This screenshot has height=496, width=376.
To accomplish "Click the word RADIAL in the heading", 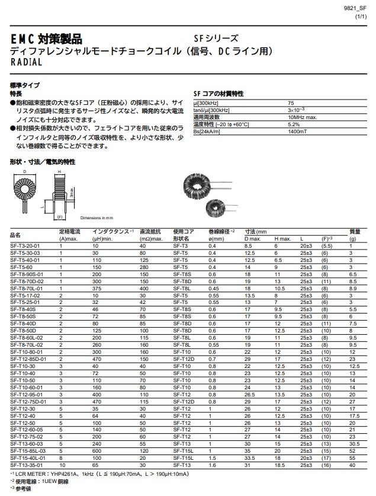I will [x=26, y=62].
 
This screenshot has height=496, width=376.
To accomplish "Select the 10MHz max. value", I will [x=301, y=117].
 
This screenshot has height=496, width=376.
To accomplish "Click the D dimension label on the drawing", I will [x=24, y=171].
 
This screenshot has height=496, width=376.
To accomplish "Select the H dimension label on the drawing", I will [x=59, y=171].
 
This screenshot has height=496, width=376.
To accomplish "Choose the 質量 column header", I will [x=355, y=231].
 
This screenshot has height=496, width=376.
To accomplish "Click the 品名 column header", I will [x=15, y=235].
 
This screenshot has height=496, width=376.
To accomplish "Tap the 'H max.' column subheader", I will [x=282, y=238].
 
